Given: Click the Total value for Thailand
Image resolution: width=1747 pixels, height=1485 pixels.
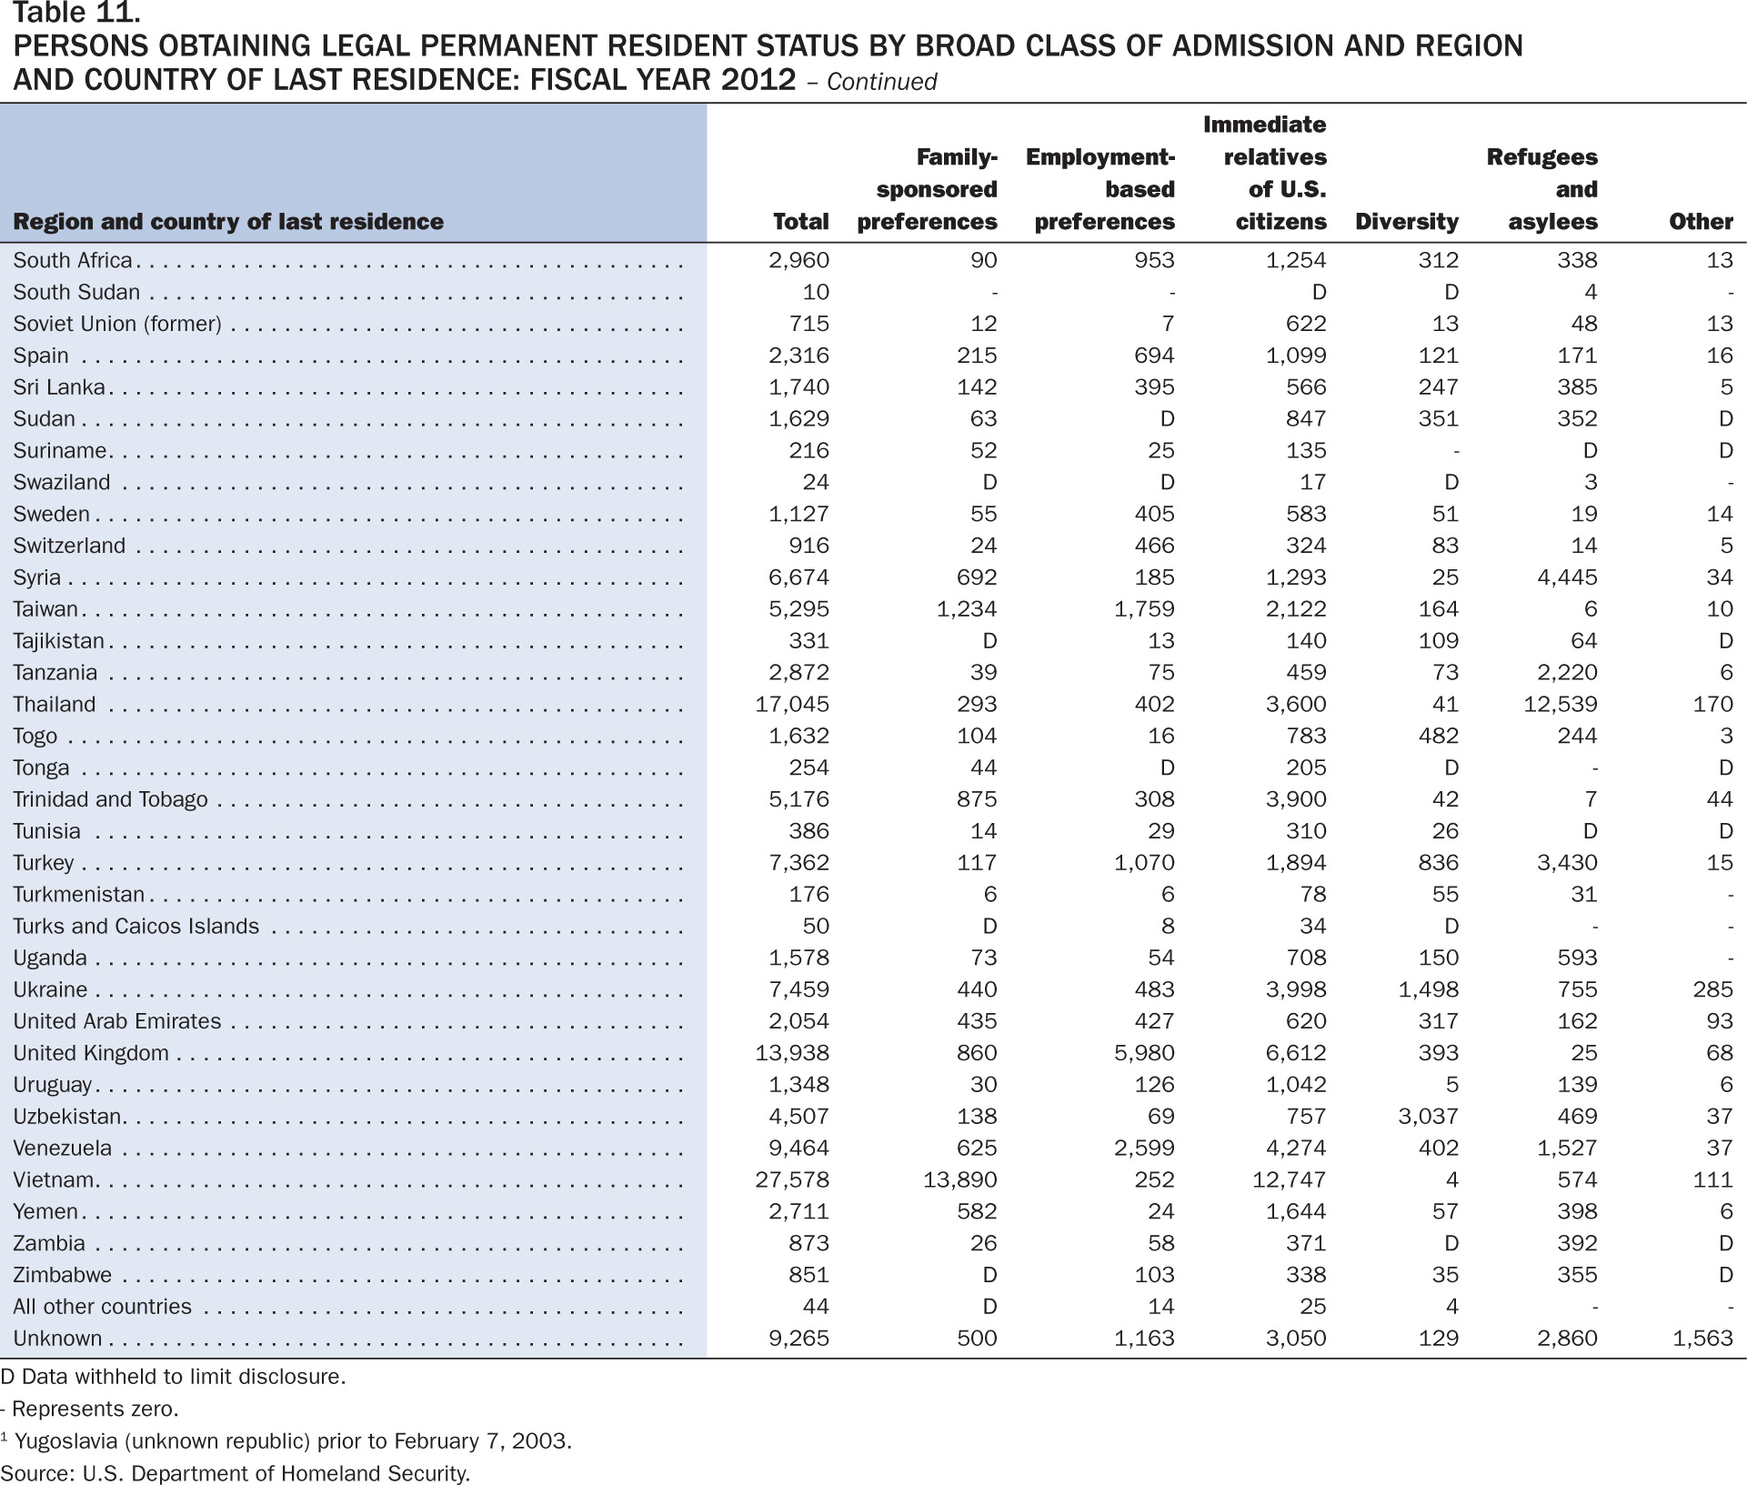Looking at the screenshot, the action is [x=792, y=704].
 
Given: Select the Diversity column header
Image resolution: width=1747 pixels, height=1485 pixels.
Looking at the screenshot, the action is [x=1406, y=222].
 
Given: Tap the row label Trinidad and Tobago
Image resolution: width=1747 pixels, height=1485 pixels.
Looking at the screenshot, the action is [x=110, y=799].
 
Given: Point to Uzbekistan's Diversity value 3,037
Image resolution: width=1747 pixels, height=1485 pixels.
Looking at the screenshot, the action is [x=1428, y=1116].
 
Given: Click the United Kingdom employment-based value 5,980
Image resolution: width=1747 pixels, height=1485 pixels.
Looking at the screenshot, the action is [x=1144, y=1053].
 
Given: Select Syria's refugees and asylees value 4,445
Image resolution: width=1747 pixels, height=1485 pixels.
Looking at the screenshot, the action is [x=1567, y=577].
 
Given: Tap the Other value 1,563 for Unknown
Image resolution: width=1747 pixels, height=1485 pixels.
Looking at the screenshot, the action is [x=1702, y=1338].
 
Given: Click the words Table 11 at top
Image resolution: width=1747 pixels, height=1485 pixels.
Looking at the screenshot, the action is [x=76, y=13].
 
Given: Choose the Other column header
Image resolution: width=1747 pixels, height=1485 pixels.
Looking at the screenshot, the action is [x=1701, y=222].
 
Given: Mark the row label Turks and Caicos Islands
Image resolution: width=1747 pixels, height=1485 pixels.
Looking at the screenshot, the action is [x=136, y=926].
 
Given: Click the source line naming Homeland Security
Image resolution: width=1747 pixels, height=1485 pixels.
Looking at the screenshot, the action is [x=236, y=1473].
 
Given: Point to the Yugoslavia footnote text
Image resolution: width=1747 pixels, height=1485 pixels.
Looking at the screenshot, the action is [x=286, y=1440].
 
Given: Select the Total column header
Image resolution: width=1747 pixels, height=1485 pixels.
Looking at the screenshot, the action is [x=800, y=222].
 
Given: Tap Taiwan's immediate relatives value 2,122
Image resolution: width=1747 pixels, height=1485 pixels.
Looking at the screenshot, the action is [x=1296, y=609].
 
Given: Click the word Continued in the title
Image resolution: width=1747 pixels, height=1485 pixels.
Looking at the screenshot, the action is [x=881, y=82].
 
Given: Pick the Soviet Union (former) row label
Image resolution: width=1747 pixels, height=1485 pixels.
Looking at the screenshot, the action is [x=117, y=324].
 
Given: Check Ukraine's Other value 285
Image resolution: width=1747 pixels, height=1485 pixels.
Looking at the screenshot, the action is [x=1713, y=989].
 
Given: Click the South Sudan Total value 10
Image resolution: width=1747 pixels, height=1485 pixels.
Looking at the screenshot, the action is [x=816, y=292].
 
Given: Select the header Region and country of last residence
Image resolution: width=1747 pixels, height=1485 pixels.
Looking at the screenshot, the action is [x=228, y=222].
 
